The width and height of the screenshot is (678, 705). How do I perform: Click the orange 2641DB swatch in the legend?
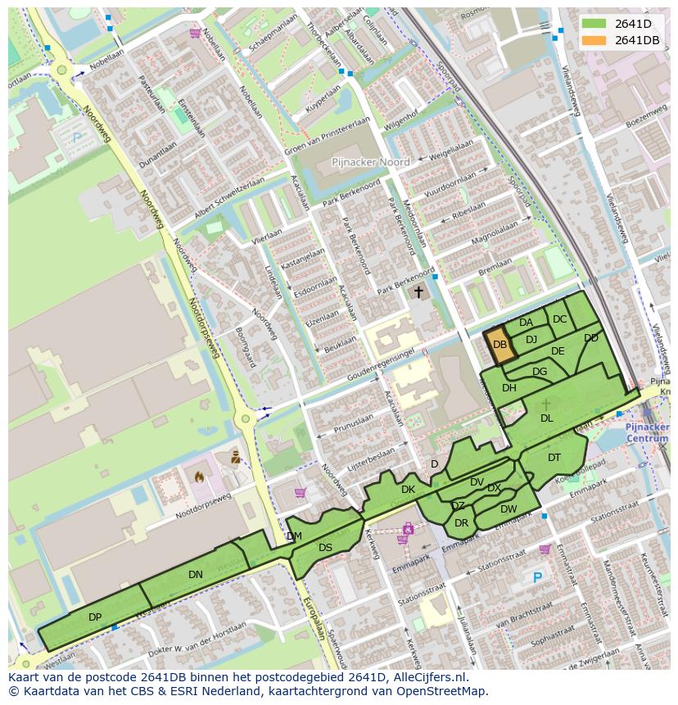tap(596, 40)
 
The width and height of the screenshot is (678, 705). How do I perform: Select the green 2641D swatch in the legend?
tap(596, 24)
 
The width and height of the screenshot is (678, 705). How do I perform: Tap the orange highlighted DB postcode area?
tap(501, 346)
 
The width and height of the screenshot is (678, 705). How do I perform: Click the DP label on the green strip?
tap(95, 617)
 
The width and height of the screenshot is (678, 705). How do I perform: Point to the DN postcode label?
tap(195, 574)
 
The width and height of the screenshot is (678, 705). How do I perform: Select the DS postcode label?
tap(325, 547)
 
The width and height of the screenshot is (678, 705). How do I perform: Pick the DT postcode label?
tap(554, 457)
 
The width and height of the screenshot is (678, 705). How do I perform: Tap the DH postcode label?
tap(509, 387)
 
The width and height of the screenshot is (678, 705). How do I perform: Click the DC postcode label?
tap(560, 319)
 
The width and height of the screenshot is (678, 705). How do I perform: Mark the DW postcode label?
tap(508, 508)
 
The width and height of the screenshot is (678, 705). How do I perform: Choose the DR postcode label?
tap(461, 522)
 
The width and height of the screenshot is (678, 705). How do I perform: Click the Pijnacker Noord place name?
tap(370, 162)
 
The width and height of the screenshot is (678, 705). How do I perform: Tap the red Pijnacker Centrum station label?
tap(647, 432)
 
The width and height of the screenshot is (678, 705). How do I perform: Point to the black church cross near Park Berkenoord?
tap(418, 291)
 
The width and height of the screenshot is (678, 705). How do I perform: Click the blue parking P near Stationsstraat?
tap(537, 577)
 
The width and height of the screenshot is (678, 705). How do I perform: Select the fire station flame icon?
tap(198, 475)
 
